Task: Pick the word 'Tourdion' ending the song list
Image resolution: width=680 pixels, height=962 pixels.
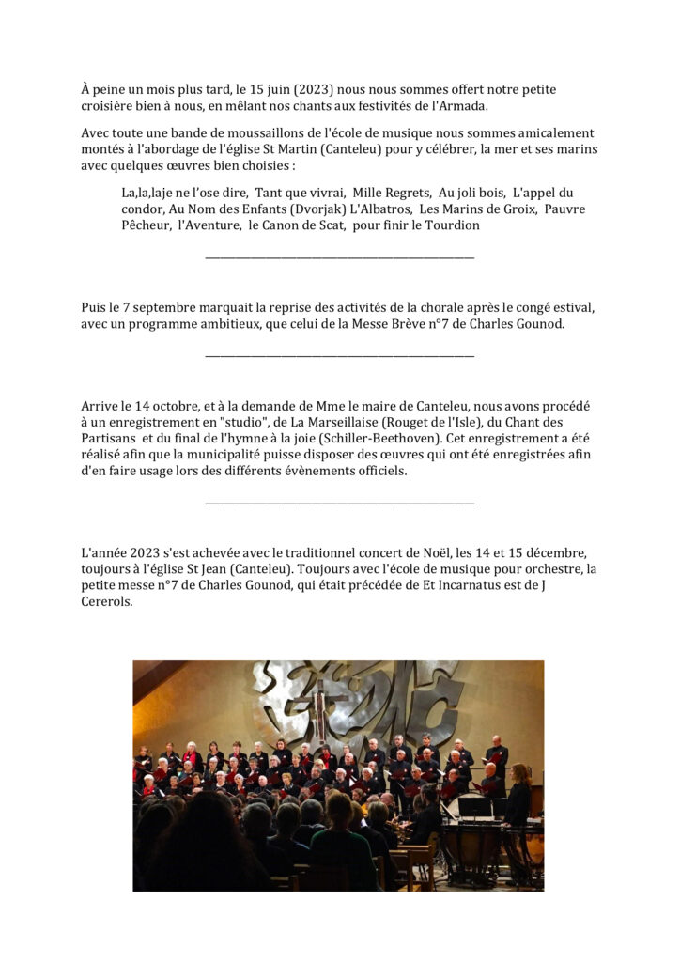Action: pos(449,225)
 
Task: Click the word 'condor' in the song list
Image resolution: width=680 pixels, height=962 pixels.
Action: pos(143,209)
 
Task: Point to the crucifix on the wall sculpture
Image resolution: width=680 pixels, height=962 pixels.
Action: pos(320,714)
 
